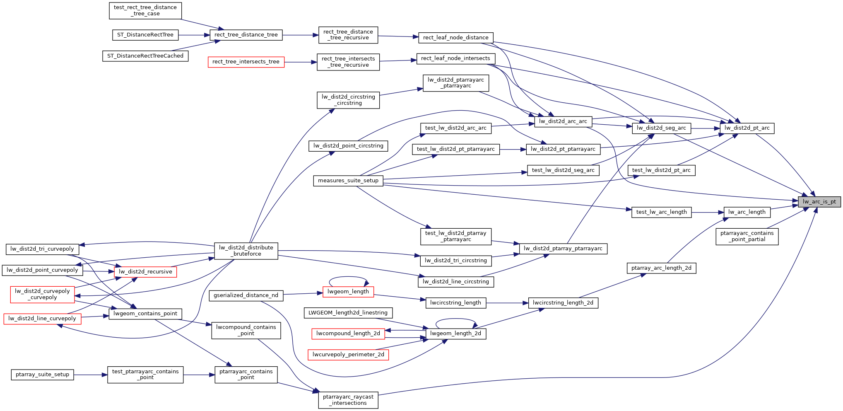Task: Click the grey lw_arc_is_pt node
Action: tap(819, 202)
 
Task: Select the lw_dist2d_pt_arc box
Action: tap(747, 128)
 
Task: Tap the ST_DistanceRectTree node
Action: tap(145, 35)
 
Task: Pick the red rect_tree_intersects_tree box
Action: tap(246, 62)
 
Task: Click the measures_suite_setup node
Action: tap(348, 181)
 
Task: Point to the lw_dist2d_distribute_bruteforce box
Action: tap(246, 251)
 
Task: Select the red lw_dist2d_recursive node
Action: tap(145, 272)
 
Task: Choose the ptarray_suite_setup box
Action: tap(42, 375)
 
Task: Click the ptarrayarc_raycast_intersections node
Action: tap(348, 400)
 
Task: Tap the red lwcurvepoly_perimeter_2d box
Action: tap(348, 355)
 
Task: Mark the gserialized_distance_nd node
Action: tap(246, 295)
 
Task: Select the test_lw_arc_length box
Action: tap(661, 212)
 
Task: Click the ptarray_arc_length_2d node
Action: tap(661, 268)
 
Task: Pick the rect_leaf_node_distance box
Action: tap(455, 38)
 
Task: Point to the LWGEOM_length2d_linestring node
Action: tap(348, 313)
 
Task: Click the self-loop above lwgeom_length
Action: tap(348, 277)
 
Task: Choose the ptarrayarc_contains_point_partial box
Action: tap(747, 236)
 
